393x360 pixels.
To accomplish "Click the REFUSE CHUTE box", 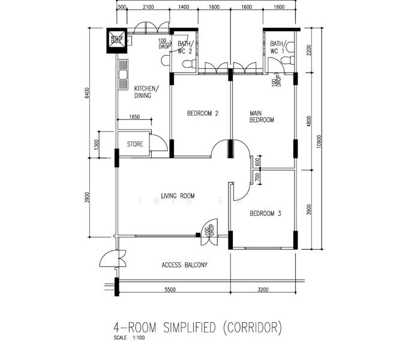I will [117, 41].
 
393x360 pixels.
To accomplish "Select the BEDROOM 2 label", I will [202, 113].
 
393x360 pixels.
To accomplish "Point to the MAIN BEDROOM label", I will [262, 116].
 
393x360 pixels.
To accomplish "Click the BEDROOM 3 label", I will [265, 214].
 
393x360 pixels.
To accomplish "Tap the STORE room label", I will [135, 145].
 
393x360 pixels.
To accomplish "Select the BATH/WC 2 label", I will [185, 47].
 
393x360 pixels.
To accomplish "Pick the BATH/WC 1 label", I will [278, 47].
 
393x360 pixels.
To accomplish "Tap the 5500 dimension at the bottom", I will [170, 290].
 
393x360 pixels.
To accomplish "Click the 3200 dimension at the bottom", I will [263, 290].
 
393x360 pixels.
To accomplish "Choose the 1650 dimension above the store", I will [134, 118].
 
